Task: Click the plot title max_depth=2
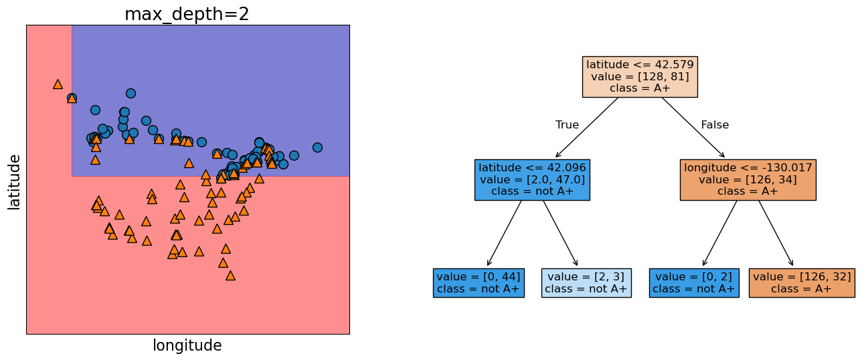(x=187, y=14)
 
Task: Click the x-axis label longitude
(x=187, y=345)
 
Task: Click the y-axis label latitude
(x=14, y=181)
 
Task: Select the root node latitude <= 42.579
(x=639, y=76)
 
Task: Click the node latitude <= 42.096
(x=532, y=179)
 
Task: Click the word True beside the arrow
(x=567, y=125)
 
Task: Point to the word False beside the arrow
(x=715, y=125)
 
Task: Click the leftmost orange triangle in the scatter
(x=58, y=84)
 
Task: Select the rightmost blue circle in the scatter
(x=317, y=147)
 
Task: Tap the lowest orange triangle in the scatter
(x=230, y=275)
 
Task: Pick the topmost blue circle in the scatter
(x=131, y=93)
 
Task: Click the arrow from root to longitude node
(x=693, y=127)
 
